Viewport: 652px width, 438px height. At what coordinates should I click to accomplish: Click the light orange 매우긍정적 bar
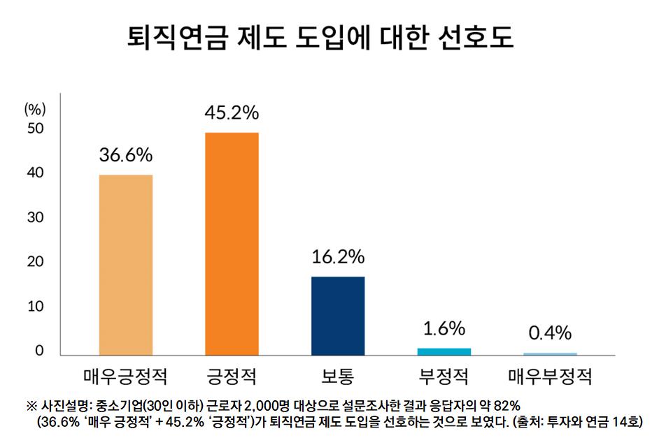[x=126, y=265]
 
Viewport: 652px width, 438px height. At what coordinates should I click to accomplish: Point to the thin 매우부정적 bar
[x=550, y=353]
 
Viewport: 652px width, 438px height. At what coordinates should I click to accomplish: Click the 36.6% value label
[x=126, y=155]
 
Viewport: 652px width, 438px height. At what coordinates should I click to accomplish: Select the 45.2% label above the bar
[x=232, y=112]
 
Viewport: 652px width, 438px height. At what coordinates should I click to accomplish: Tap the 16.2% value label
[x=338, y=257]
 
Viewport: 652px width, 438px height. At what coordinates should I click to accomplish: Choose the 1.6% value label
[x=444, y=328]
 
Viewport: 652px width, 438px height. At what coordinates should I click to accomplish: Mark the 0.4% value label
[x=550, y=332]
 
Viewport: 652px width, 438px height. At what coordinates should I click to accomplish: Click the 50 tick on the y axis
[x=35, y=129]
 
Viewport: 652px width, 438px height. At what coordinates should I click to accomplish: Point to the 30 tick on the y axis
[x=35, y=217]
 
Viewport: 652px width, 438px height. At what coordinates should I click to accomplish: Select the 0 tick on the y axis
[x=39, y=351]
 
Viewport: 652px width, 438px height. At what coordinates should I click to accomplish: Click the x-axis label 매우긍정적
[x=126, y=378]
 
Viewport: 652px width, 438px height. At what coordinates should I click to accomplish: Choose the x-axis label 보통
[x=338, y=378]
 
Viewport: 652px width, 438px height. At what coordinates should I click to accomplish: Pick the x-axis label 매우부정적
[x=550, y=378]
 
